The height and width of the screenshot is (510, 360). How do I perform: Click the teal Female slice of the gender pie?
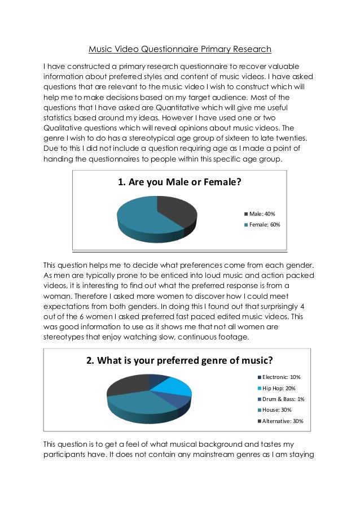(141, 217)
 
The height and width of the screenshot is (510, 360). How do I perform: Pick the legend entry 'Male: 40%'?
(262, 214)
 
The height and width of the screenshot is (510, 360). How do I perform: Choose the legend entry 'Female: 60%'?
(265, 224)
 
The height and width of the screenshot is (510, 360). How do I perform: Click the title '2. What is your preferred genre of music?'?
(179, 360)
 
